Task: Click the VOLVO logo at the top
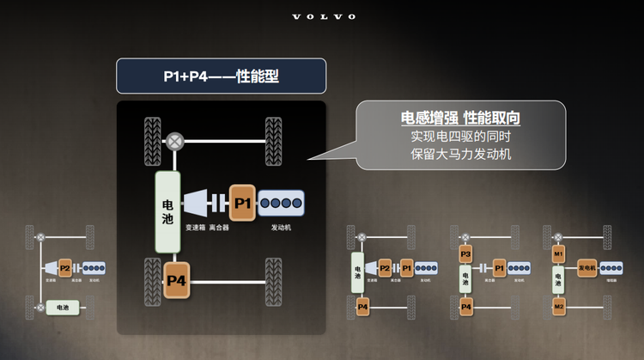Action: [x=323, y=17]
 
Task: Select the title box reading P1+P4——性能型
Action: [x=221, y=76]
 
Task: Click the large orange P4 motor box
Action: [x=176, y=280]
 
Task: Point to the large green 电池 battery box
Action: [x=167, y=211]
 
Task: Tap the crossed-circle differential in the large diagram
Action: [x=175, y=140]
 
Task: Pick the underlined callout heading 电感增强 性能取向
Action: [x=460, y=118]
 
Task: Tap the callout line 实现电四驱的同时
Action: [x=460, y=137]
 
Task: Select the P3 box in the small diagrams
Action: [x=465, y=255]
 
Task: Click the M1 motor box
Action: [x=558, y=255]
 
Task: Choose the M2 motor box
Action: [x=558, y=307]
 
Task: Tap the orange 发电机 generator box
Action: [x=587, y=268]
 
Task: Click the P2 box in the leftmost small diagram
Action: [x=64, y=268]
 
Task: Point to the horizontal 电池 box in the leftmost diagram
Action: [x=63, y=307]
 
